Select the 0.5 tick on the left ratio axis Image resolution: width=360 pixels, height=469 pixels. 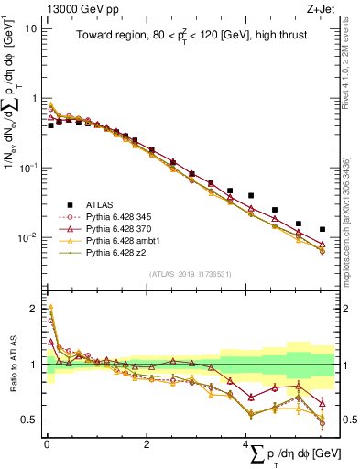click(29, 420)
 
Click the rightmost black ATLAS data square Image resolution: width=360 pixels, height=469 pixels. click(322, 229)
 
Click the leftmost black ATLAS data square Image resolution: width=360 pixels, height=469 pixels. click(50, 125)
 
